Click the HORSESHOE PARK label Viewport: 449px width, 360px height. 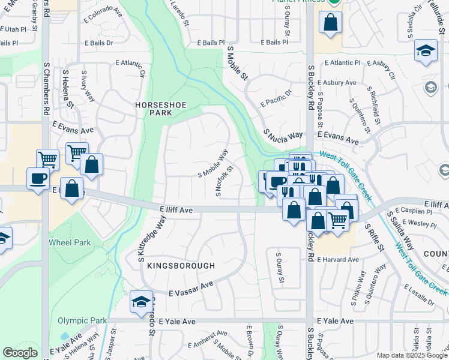(x=161, y=109)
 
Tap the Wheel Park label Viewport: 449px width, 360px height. (x=70, y=242)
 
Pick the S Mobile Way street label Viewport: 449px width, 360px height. (x=213, y=163)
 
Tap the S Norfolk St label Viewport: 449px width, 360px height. (x=224, y=182)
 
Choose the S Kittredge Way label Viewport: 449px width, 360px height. (x=143, y=241)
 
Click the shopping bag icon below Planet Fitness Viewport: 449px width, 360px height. (x=331, y=23)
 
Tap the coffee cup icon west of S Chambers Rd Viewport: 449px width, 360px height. (x=38, y=178)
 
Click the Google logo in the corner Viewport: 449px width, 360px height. (x=20, y=353)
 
